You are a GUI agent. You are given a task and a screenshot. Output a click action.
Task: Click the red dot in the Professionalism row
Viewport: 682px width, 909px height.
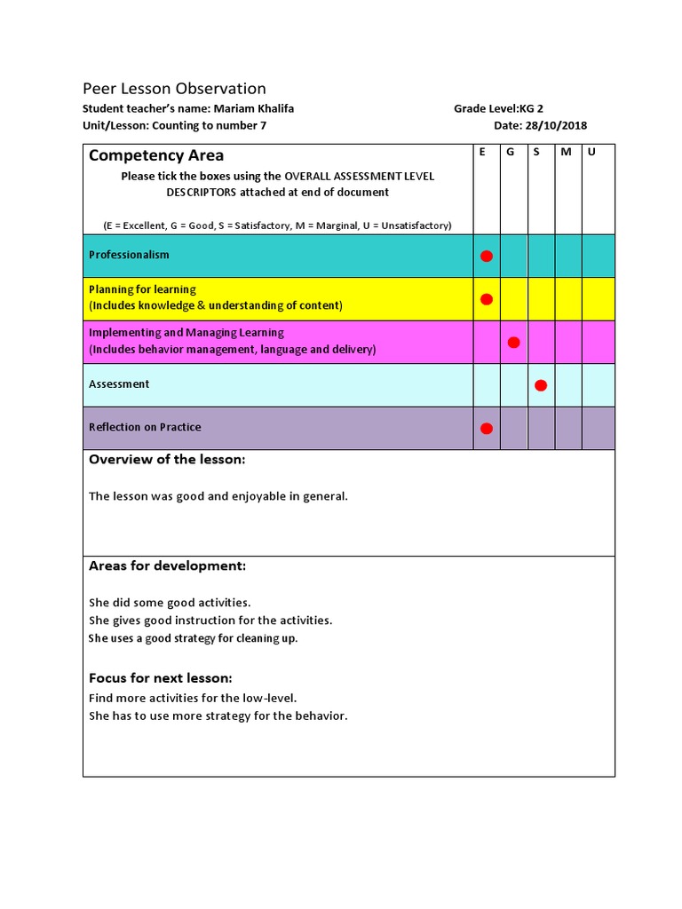[487, 256]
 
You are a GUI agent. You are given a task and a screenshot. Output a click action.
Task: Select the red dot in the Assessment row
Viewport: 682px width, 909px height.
[541, 385]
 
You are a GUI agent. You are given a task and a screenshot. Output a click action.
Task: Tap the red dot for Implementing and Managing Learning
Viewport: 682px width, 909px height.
[513, 343]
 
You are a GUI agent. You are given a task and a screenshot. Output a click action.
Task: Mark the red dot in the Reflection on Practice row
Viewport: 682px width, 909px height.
[487, 429]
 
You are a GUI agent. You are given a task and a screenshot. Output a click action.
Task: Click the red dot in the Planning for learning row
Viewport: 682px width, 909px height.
[487, 299]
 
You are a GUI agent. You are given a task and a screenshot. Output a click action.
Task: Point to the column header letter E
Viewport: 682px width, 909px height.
[482, 153]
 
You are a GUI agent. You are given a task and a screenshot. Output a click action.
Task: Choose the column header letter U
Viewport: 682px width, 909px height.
[591, 153]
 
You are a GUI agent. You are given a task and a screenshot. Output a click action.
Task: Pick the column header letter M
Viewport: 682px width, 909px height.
[566, 153]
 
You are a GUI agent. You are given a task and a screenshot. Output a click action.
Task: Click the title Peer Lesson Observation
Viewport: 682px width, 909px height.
[174, 89]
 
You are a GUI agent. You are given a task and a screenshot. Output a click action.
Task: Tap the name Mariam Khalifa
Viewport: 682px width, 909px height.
[253, 108]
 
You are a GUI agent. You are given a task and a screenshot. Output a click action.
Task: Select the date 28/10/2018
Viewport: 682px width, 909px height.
[556, 126]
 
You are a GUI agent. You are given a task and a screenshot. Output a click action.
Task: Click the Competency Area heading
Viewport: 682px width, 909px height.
[156, 156]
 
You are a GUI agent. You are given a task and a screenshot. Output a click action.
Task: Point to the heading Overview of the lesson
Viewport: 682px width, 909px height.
[167, 460]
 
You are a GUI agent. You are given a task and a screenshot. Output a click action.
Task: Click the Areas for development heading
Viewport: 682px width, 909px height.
[167, 566]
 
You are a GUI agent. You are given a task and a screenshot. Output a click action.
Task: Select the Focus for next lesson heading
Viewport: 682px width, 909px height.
[160, 678]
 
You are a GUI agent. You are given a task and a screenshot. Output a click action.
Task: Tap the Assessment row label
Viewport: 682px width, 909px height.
[119, 384]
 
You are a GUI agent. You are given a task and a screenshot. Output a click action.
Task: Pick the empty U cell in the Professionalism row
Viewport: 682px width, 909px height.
[599, 256]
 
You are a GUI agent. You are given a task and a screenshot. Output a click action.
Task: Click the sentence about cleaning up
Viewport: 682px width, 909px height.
[193, 638]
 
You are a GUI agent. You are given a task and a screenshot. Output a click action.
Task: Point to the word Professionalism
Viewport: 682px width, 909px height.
[129, 255]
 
